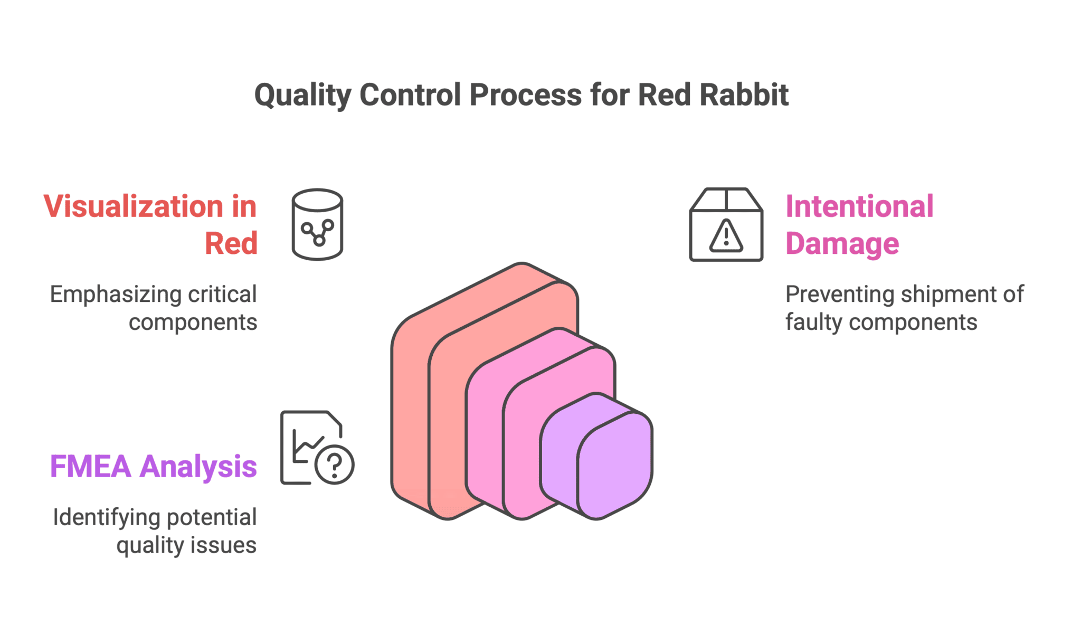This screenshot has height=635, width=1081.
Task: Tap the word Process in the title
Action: pyautogui.click(x=525, y=95)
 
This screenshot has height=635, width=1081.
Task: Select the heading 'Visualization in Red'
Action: pyautogui.click(x=151, y=224)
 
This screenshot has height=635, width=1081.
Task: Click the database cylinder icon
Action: pyautogui.click(x=317, y=224)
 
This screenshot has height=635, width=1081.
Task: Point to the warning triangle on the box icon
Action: pyautogui.click(x=726, y=236)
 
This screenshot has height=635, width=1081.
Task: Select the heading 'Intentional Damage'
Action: pyautogui.click(x=859, y=224)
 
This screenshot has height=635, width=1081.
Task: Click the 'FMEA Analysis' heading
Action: pyautogui.click(x=154, y=467)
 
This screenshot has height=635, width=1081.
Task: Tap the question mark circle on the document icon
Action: pyautogui.click(x=334, y=465)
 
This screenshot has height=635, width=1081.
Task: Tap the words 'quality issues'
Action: pyautogui.click(x=186, y=545)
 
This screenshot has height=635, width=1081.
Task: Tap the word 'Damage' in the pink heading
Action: pyautogui.click(x=842, y=244)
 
